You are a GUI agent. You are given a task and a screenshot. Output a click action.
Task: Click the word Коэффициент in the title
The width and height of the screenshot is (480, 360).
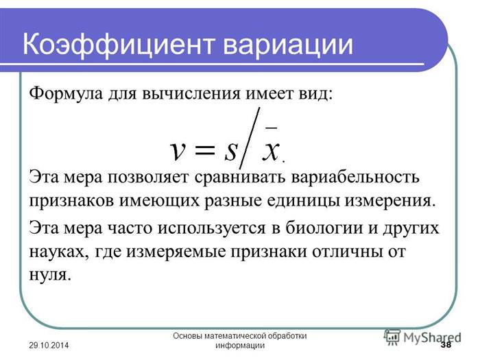[x=118, y=45]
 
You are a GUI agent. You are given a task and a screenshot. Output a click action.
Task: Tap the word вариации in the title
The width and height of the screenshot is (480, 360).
[x=288, y=45]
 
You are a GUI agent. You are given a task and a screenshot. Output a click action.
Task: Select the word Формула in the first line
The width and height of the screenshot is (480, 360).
[x=66, y=93]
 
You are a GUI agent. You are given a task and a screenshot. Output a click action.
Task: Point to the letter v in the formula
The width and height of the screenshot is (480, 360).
[x=178, y=151]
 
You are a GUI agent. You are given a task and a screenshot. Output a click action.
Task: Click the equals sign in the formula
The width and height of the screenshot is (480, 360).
[x=205, y=150]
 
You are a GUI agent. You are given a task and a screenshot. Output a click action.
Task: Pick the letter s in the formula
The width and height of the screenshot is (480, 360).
[x=231, y=151]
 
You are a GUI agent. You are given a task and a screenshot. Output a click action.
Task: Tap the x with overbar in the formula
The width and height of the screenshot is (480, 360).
[x=271, y=145]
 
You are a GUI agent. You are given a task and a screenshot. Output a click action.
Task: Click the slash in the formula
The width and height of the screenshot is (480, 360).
[x=250, y=138]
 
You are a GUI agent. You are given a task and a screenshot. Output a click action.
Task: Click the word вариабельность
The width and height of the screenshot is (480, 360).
[x=355, y=177]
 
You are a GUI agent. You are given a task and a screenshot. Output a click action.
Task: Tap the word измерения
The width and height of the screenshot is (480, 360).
[x=390, y=201]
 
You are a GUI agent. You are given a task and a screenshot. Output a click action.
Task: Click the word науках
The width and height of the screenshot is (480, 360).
[x=59, y=252]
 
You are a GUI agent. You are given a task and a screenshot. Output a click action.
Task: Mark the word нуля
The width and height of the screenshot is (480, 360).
[x=50, y=274]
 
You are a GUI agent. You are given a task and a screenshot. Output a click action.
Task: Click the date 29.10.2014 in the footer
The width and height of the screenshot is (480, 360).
[x=49, y=346]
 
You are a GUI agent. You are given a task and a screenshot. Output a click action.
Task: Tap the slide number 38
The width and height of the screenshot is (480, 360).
[x=446, y=345]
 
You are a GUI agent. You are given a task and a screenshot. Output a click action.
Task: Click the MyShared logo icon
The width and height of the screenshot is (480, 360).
[x=392, y=337]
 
